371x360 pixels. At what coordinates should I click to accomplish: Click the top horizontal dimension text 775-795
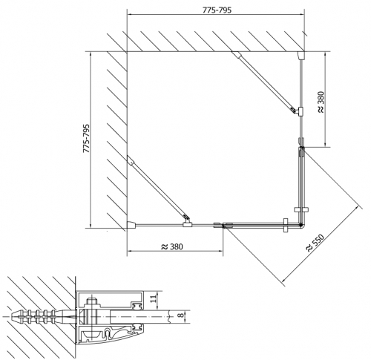[217, 10]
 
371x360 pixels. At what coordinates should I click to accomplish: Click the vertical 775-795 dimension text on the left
[86, 138]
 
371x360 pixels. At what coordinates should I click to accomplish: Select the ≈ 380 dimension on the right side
[321, 102]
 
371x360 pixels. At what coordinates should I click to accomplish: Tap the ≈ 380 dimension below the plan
[172, 246]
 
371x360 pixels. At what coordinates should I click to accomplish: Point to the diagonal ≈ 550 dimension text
[315, 243]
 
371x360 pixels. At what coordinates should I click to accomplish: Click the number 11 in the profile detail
[154, 298]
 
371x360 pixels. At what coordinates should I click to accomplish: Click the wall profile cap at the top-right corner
[301, 55]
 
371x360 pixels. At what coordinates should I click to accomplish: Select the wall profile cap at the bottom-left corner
[131, 224]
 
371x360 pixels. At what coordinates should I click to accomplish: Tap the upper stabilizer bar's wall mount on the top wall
[236, 54]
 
